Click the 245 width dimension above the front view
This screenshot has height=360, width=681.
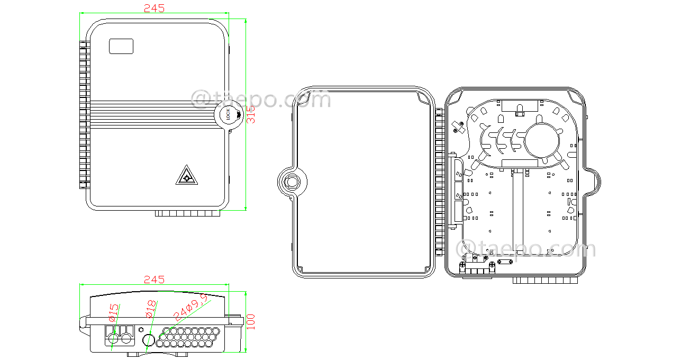coord(154,8)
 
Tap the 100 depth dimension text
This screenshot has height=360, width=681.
coord(251,321)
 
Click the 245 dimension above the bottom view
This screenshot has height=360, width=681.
coord(154,280)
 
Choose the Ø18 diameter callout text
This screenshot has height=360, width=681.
coord(151,310)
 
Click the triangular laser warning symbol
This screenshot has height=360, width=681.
coord(185,176)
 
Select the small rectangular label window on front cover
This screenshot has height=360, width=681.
coord(121,46)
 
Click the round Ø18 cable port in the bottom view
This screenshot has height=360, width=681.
coord(149,339)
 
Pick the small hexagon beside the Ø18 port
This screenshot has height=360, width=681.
coord(141,329)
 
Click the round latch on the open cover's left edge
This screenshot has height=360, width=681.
coord(292,182)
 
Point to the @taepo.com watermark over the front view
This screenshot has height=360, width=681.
coord(260,99)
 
